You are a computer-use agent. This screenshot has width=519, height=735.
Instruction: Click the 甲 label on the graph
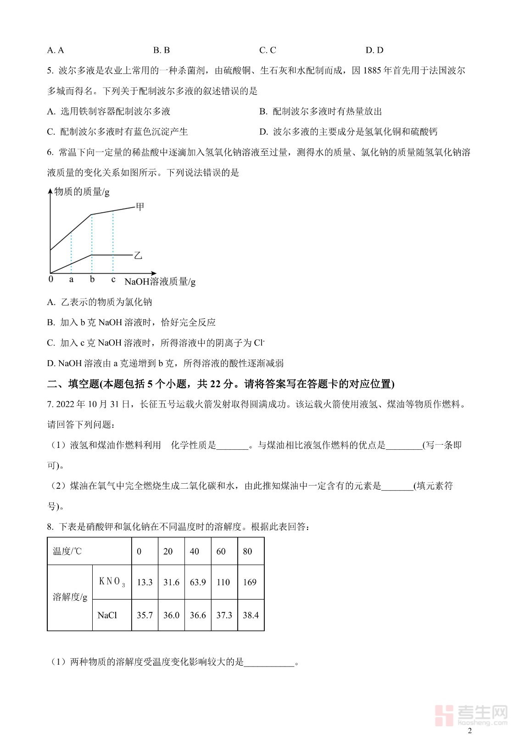(140, 207)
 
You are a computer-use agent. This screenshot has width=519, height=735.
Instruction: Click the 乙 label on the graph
(138, 255)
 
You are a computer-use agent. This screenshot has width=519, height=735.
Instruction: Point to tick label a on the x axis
(71, 279)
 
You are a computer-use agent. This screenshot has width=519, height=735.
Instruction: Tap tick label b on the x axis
(92, 279)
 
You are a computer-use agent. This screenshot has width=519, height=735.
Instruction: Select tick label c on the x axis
(113, 279)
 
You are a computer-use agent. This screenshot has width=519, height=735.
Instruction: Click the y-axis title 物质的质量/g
(82, 192)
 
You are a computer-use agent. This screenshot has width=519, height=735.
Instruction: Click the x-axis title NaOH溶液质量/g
(160, 282)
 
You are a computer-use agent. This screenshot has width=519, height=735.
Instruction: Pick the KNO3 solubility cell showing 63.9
(198, 582)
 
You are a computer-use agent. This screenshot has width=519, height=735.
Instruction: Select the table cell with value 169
(250, 582)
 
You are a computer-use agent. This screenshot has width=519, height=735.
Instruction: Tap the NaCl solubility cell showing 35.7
(145, 615)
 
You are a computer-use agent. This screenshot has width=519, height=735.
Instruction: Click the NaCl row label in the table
(107, 615)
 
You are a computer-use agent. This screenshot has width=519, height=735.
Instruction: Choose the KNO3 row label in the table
(112, 582)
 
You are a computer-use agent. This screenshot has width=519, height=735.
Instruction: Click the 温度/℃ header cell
(67, 551)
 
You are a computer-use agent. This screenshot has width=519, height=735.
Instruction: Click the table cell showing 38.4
(251, 615)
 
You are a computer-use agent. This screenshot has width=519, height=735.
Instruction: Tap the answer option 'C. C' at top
(268, 51)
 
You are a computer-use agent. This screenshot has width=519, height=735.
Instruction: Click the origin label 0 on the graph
(51, 279)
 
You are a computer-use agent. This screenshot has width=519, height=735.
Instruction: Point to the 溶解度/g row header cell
(70, 597)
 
